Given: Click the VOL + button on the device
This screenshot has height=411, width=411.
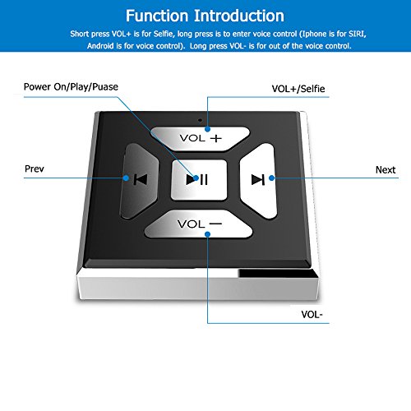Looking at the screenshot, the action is coord(200,139).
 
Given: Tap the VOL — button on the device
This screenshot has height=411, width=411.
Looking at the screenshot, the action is coord(198,224).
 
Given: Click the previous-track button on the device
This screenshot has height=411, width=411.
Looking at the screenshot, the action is coord(140,181).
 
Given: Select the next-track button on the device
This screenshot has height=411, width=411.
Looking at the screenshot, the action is coord(257,181).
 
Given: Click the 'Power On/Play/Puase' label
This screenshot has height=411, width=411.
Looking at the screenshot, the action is coord(71,87).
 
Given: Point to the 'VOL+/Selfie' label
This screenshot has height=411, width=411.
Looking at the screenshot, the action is coord(298,89).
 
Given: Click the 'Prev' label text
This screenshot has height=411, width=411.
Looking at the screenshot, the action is coord(35,169).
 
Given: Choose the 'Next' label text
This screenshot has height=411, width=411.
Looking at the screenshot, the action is coord(386,170).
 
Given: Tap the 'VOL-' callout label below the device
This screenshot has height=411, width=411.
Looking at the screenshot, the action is coord(312,314).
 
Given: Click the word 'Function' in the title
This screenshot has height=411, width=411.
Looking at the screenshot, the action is coord(157,16).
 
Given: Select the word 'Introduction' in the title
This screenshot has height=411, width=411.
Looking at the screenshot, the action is coord(239,16).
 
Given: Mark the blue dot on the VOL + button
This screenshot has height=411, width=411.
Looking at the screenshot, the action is coord(208,129).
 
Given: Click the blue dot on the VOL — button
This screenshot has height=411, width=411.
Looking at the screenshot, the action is coord(208,234).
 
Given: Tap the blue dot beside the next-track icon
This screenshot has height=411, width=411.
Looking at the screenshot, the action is coord(272,178).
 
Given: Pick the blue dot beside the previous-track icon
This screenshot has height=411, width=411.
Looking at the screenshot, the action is coord(126,178).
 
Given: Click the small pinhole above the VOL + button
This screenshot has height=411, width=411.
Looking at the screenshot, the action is coord(201,120).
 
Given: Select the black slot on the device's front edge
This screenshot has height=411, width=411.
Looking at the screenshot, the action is coord(277,274).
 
